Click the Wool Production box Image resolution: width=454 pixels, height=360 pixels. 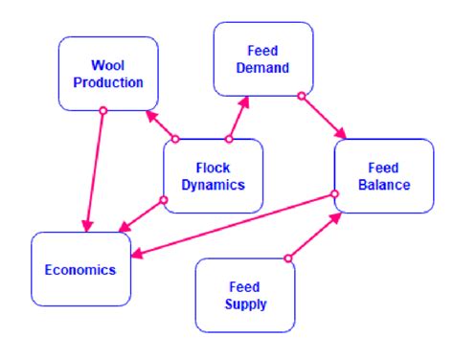(108, 73)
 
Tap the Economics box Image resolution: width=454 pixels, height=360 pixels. (80, 269)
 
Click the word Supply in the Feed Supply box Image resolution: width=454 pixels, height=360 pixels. (244, 304)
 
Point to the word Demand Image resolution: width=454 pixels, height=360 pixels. (261, 68)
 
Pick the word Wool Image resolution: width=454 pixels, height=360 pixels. (109, 65)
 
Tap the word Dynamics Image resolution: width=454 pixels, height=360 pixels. (213, 184)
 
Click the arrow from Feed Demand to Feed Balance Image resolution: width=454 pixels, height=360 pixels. (323, 117)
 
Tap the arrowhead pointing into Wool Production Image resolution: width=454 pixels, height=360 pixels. (151, 116)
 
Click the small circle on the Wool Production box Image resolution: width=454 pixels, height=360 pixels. (102, 110)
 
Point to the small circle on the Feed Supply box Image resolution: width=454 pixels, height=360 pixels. (288, 258)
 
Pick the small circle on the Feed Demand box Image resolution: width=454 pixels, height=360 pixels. (301, 96)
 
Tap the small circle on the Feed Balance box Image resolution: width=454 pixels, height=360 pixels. (334, 194)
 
